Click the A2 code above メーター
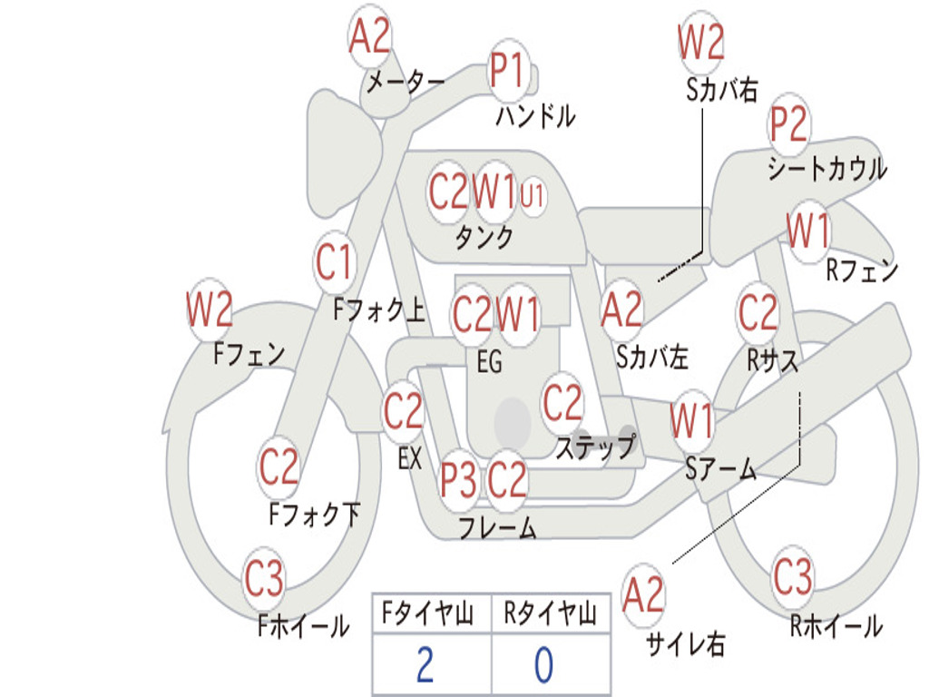[x=370, y=37]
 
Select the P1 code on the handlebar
[x=508, y=70]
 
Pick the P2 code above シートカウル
[x=789, y=125]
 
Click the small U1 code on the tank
[x=533, y=194]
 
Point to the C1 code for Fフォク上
[x=334, y=263]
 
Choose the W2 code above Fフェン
[x=210, y=310]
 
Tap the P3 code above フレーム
[x=459, y=479]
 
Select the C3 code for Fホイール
[x=264, y=579]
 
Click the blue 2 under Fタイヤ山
[x=425, y=665]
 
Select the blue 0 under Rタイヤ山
[x=543, y=665]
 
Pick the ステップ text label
[x=595, y=447]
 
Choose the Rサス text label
[x=773, y=360]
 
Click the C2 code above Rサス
[x=758, y=313]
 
